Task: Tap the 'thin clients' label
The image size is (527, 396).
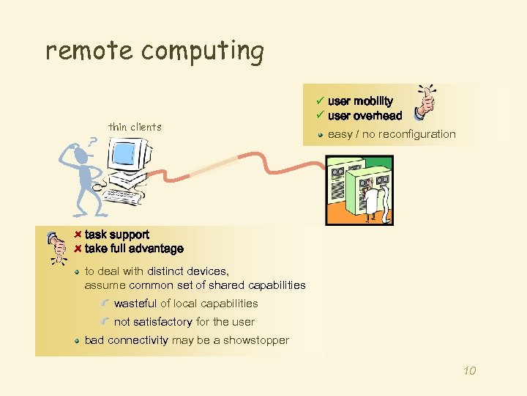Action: [135, 127]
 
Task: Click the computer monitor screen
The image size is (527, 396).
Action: [126, 154]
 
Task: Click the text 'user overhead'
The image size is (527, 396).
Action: [365, 116]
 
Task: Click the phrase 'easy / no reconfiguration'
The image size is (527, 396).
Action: [392, 134]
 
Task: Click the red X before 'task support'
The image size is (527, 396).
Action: [78, 235]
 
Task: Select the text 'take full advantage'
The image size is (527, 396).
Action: [133, 249]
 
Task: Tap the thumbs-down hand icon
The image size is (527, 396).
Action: [56, 248]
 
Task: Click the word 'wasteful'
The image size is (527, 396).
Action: [135, 303]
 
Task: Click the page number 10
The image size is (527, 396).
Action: [469, 371]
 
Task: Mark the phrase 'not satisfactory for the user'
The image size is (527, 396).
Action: [184, 321]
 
